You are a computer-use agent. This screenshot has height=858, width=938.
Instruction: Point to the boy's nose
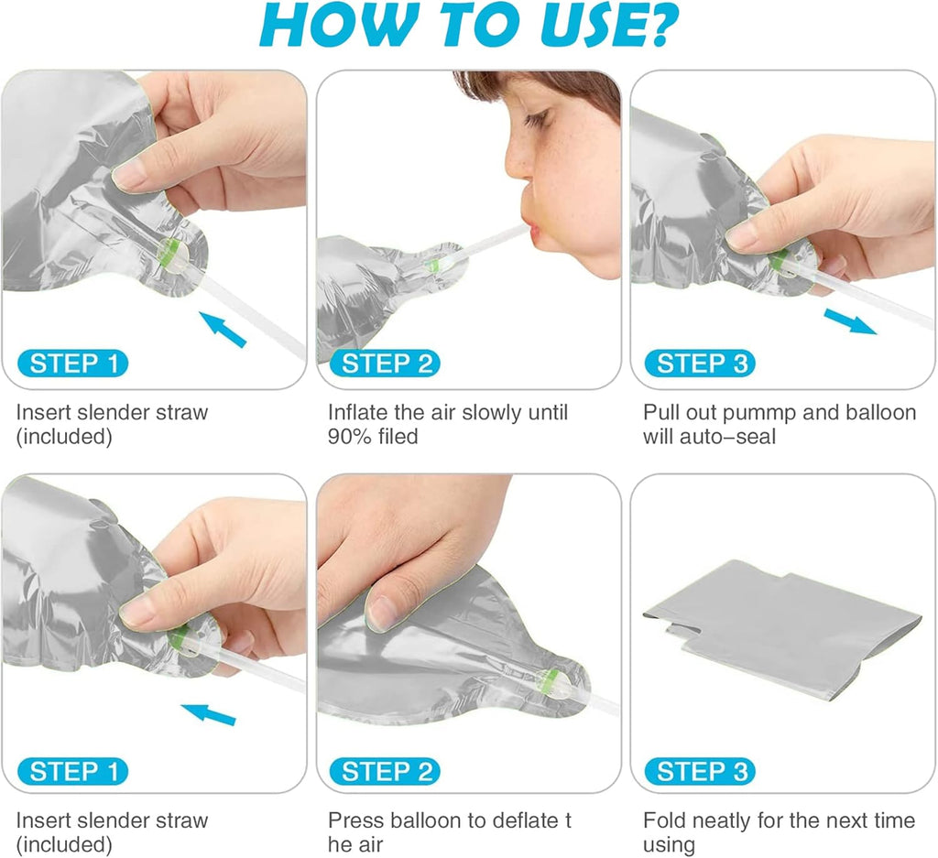click(x=518, y=161)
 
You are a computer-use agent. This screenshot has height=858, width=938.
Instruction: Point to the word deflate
click(x=522, y=820)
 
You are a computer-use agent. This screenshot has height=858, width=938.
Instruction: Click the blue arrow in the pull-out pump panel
click(x=849, y=321)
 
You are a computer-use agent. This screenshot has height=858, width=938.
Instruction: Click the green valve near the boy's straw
click(x=433, y=265)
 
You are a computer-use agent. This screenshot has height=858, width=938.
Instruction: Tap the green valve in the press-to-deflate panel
click(x=551, y=679)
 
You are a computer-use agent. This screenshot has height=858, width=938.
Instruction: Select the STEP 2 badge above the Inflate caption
click(x=385, y=364)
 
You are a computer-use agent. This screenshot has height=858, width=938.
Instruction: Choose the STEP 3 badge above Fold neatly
click(x=699, y=771)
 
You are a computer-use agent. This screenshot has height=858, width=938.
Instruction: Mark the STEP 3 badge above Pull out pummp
click(x=699, y=364)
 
